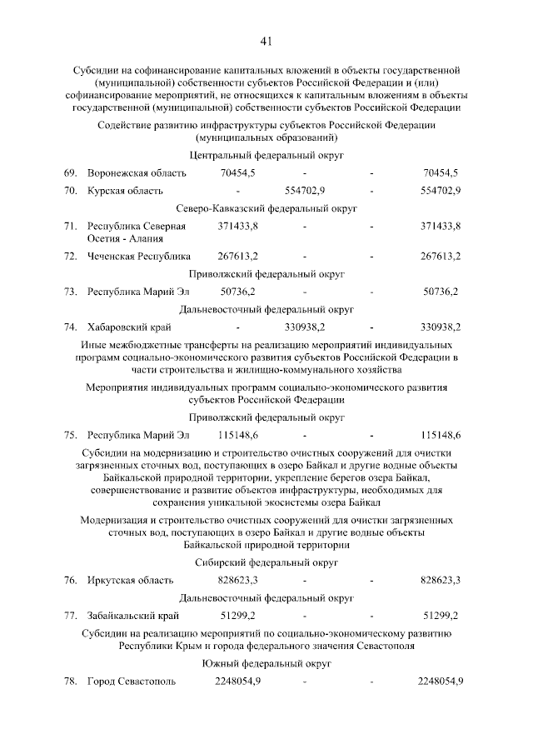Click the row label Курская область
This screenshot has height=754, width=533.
pos(125,191)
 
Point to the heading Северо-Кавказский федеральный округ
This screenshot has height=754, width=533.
pos(266,208)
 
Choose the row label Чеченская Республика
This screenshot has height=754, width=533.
pos(138,256)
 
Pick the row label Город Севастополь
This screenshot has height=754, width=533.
pos(132,682)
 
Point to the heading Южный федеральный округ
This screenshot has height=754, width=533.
pos(266,664)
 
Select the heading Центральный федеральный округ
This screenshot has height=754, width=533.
pos(266,155)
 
